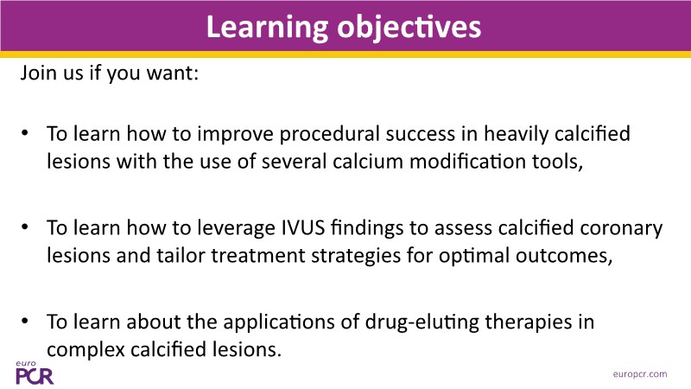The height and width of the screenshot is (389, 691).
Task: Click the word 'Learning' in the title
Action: point(267,28)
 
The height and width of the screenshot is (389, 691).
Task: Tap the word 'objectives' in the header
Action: point(409,28)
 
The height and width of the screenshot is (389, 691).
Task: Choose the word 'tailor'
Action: point(181,256)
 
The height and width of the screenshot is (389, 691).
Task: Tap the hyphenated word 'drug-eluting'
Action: point(422,322)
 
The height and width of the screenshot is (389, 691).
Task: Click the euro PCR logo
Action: point(35,373)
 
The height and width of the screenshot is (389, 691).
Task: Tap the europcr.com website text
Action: point(640,374)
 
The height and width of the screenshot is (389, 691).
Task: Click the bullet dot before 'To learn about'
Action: point(25,321)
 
